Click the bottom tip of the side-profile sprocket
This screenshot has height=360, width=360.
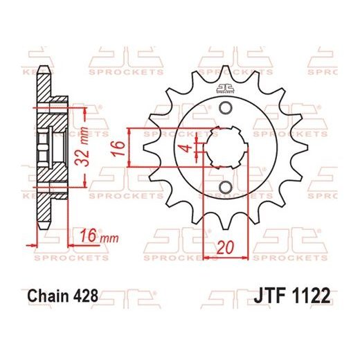pos(43,229)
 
